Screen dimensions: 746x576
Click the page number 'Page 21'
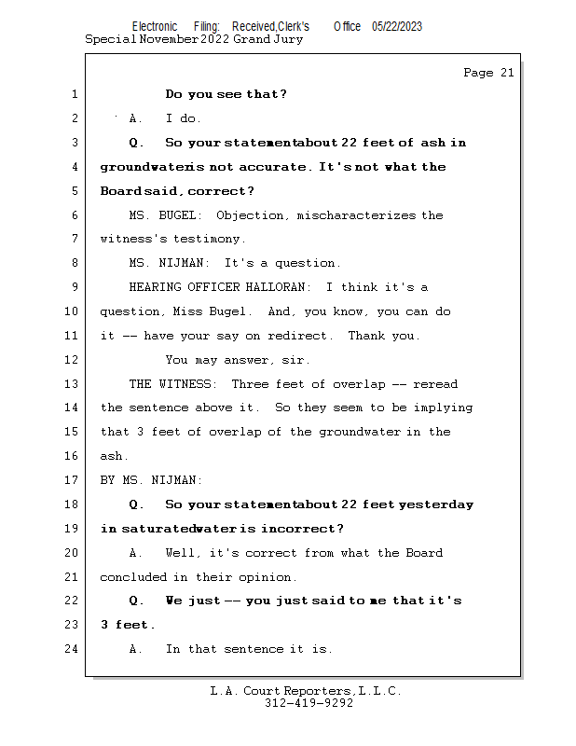[488, 73]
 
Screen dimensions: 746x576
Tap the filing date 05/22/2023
[396, 27]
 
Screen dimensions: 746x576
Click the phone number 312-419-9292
[309, 703]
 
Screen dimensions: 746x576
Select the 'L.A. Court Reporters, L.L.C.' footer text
[306, 691]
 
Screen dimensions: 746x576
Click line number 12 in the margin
[73, 360]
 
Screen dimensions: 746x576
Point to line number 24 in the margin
[73, 649]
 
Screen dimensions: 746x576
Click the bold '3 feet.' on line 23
[128, 625]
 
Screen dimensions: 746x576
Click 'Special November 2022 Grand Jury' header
[194, 39]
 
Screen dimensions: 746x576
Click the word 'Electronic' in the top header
[155, 27]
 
